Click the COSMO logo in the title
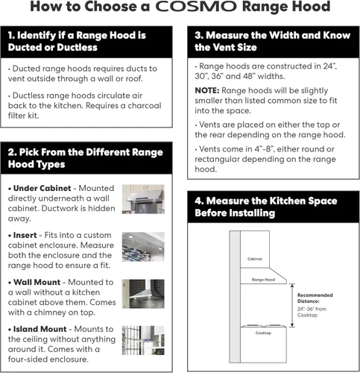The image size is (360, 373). click(196, 7)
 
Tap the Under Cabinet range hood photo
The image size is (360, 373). click(143, 199)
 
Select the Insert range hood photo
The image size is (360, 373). click(143, 247)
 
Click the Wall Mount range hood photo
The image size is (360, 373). click(143, 294)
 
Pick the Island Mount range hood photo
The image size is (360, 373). click(143, 340)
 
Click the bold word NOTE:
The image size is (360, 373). click(207, 90)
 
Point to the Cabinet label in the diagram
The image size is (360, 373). click(255, 259)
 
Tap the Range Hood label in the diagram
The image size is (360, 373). click(263, 280)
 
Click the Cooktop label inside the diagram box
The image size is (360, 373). click(263, 333)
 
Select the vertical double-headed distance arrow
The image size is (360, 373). click(292, 305)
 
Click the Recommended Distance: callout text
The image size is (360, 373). click(315, 298)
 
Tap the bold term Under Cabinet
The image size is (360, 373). click(42, 188)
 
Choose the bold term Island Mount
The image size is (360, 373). click(40, 329)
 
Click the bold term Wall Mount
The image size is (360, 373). click(37, 282)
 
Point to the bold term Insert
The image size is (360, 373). click(25, 235)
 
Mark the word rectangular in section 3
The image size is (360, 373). click(217, 159)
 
